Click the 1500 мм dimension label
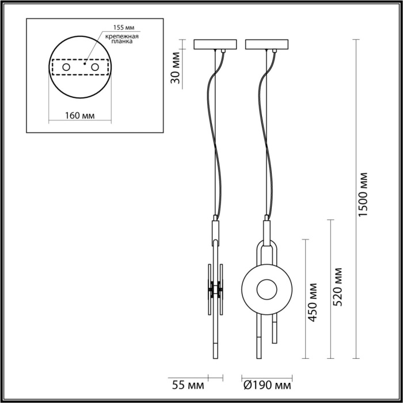363,196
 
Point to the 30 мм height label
177,68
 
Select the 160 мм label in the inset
79,116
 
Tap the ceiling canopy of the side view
216,44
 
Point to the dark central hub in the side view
216,289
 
